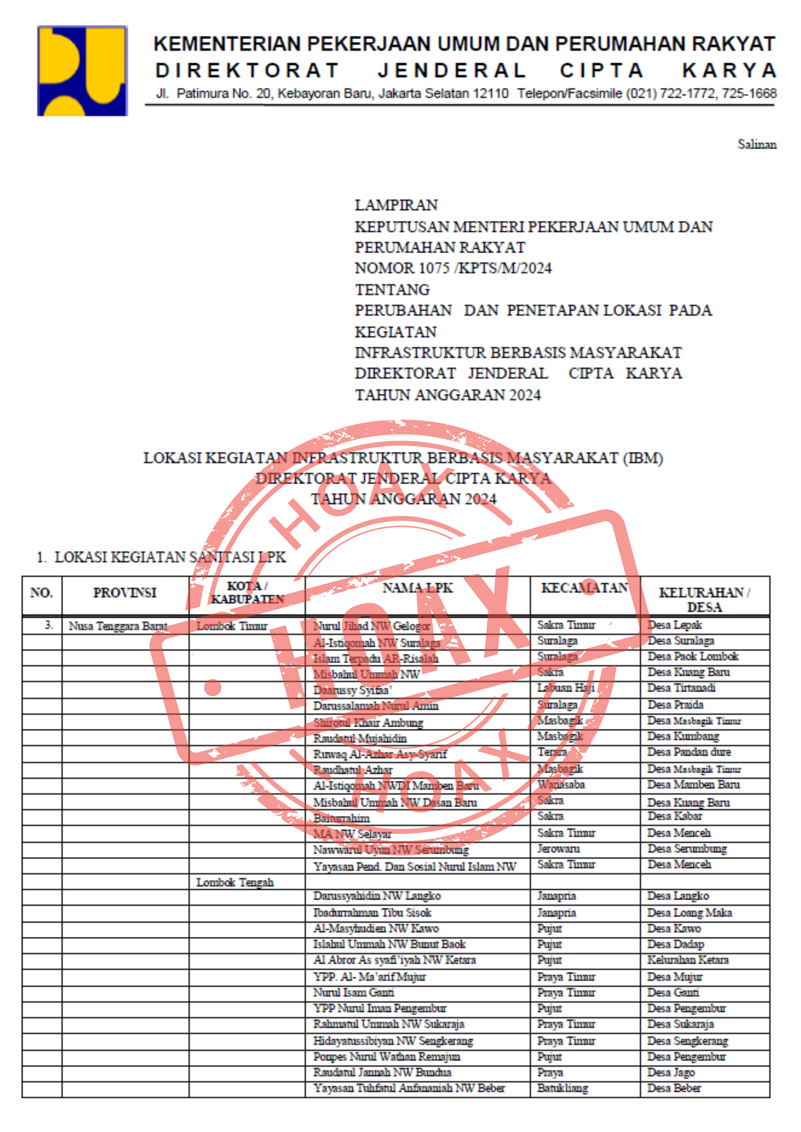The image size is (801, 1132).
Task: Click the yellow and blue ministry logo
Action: pos(82,71)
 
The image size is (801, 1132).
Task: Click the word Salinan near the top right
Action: pos(757,145)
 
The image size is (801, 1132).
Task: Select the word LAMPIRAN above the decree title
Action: pos(396,205)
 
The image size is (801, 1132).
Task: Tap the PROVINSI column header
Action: pos(125,593)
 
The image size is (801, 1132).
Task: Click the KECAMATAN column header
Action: pos(585,588)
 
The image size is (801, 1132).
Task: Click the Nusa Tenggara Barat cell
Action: pos(118,626)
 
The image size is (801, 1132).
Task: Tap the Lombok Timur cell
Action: pos(232,626)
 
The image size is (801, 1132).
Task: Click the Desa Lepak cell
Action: pos(674,625)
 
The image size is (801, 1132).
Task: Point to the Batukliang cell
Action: pos(562,1088)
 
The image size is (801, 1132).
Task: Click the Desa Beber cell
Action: pos(674,1088)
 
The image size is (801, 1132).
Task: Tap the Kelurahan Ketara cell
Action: pos(688,959)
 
